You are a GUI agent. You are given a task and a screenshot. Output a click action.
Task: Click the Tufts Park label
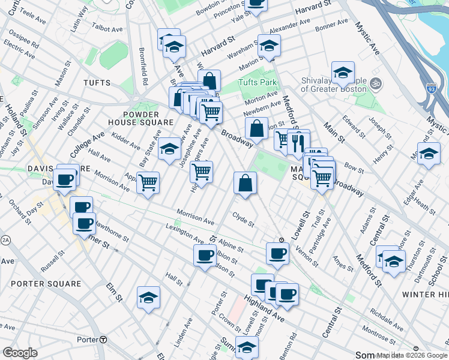pyautogui.click(x=257, y=82)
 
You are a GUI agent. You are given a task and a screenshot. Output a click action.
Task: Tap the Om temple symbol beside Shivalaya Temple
pyautogui.click(x=377, y=83)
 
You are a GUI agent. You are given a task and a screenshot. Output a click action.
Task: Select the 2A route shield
pyautogui.click(x=6, y=240)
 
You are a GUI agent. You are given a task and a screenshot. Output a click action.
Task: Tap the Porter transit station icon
pyautogui.click(x=103, y=340)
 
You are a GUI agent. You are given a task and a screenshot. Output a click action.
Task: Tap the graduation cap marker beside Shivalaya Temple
pyautogui.click(x=343, y=73)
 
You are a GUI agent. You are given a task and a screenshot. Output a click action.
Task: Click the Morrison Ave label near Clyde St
pyautogui.click(x=196, y=217)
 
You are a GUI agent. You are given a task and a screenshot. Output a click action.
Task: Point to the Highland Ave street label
pyautogui.click(x=264, y=306)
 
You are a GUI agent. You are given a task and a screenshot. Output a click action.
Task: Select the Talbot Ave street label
pyautogui.click(x=109, y=28)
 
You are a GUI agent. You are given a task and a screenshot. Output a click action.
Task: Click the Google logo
pyautogui.click(x=20, y=353)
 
